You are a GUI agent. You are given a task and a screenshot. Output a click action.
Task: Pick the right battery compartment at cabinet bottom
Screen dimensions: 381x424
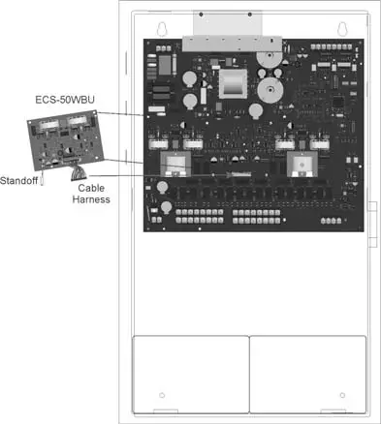pos(307,370)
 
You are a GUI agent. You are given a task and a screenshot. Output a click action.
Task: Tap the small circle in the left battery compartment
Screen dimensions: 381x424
pos(162,396)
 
